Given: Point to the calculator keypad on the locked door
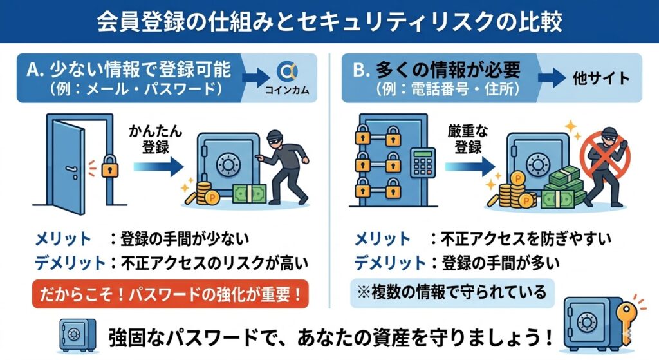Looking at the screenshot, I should [x=422, y=162].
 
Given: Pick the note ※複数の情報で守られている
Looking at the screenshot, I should [x=448, y=292].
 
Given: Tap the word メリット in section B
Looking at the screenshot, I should [x=382, y=240].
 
